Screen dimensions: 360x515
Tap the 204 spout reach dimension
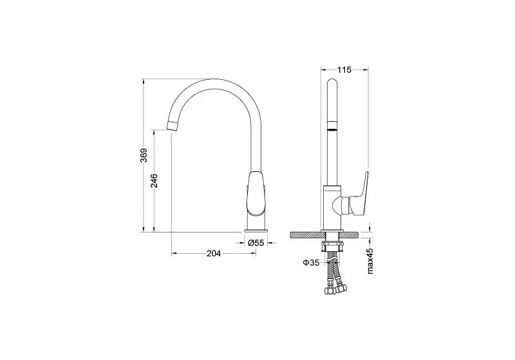(x=214, y=254)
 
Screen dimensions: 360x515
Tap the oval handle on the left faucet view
(x=256, y=193)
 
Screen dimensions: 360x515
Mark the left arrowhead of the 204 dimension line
(x=173, y=254)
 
